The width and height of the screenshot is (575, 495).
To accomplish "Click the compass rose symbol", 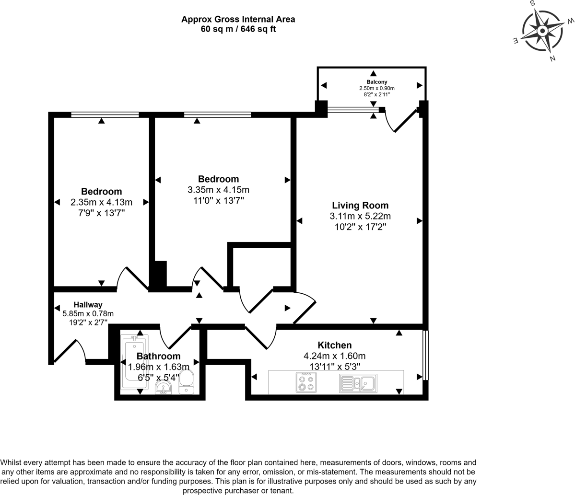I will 542,31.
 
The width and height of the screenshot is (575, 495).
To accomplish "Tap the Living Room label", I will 360,206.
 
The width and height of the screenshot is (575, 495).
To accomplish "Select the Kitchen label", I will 335,345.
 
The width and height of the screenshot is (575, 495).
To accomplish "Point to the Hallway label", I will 88,305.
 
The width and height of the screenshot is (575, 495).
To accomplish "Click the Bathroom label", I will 158,356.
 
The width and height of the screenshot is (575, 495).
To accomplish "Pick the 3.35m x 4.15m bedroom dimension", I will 218,190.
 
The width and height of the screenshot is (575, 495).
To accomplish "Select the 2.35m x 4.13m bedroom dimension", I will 101,202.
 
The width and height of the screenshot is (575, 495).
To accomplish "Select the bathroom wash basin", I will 164,389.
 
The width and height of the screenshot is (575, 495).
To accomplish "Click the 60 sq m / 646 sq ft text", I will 238,29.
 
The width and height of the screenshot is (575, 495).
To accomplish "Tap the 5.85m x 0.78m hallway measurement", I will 88,313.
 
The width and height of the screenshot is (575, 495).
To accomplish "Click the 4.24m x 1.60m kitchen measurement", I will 335,356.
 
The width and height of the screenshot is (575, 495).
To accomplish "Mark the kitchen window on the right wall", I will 425,354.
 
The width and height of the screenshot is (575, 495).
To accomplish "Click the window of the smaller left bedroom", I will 105,115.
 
